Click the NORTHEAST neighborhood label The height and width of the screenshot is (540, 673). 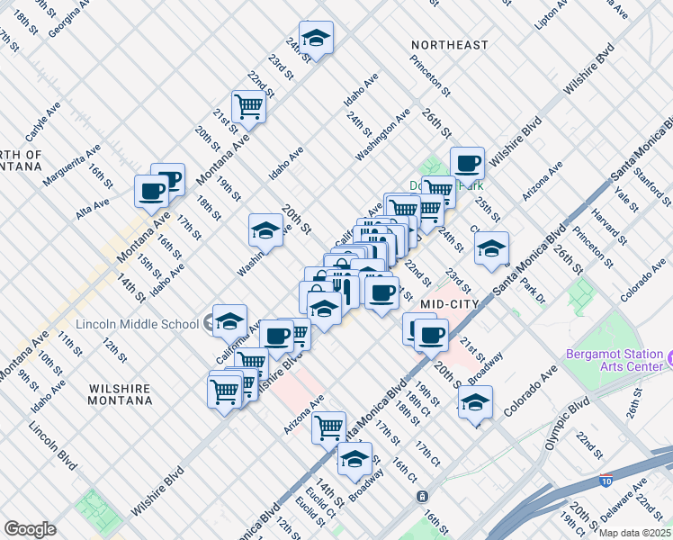pyautogui.click(x=449, y=45)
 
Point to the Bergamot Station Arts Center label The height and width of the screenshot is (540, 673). pyautogui.click(x=615, y=360)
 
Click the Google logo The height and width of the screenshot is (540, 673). pyautogui.click(x=30, y=529)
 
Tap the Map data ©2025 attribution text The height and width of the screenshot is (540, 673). pyautogui.click(x=633, y=533)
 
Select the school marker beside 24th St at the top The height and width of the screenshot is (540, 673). pyautogui.click(x=316, y=39)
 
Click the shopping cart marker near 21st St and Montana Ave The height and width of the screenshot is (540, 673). pyautogui.click(x=248, y=107)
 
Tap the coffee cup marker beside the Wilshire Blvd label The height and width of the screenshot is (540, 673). pyautogui.click(x=467, y=164)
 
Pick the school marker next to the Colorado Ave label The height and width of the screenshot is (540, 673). pyautogui.click(x=475, y=401)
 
